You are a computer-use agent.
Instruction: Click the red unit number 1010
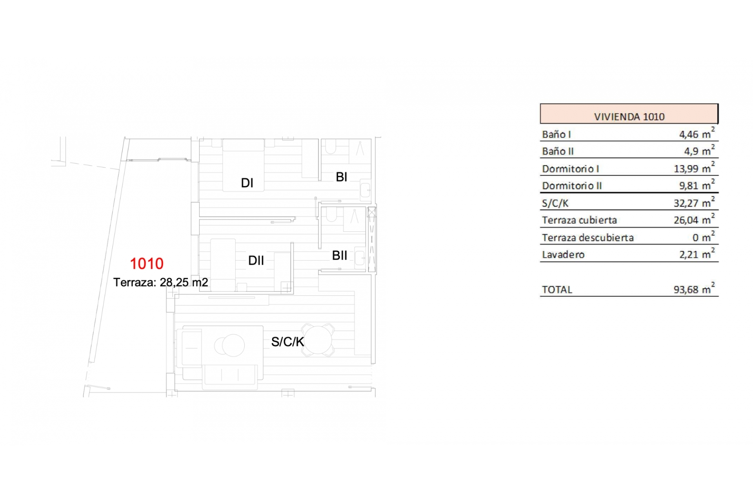click(147, 264)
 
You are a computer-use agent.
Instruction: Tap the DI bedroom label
click(247, 183)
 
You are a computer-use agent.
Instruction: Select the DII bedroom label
click(256, 260)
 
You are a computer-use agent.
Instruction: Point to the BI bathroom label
click(342, 177)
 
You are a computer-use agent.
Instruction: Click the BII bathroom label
click(340, 255)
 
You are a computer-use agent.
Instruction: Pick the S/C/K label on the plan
click(287, 342)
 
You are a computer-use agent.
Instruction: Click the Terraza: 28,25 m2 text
click(161, 282)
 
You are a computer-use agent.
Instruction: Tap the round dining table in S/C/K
click(318, 340)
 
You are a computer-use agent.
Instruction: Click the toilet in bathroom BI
click(331, 147)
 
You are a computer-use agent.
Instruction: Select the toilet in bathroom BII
click(331, 214)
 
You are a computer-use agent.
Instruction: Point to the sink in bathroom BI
click(365, 190)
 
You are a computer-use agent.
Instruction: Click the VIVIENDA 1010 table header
click(629, 116)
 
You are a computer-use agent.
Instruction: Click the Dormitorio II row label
click(572, 186)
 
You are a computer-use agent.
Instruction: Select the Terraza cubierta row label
click(579, 220)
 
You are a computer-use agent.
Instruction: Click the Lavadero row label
click(563, 255)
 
